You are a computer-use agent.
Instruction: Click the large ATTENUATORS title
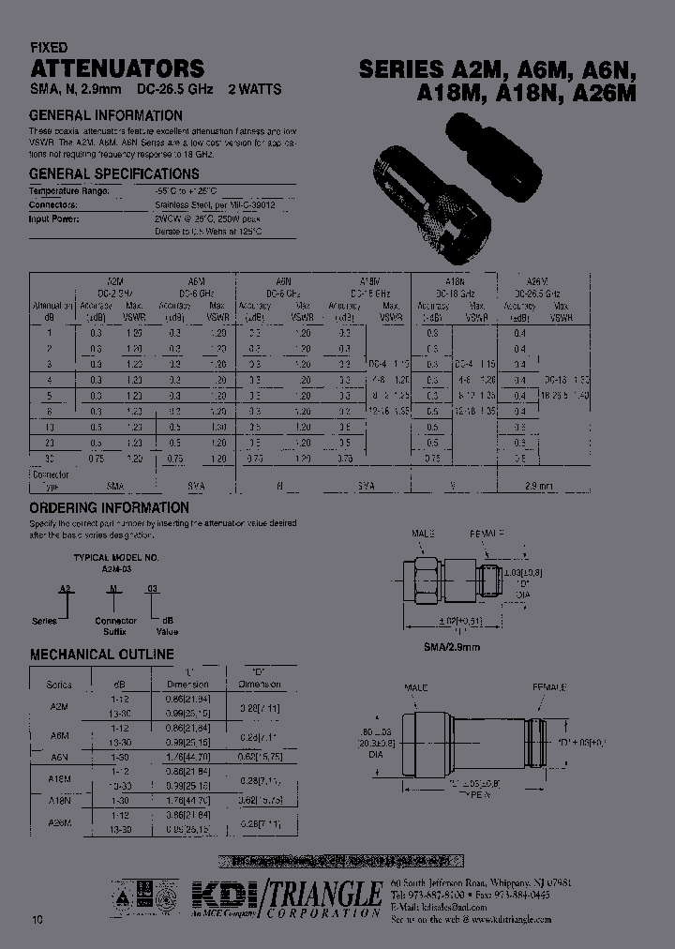[x=117, y=68]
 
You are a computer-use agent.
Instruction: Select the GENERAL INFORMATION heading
[x=107, y=116]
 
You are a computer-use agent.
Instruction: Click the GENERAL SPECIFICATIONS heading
[x=114, y=174]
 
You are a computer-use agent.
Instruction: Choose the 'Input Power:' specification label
[x=55, y=218]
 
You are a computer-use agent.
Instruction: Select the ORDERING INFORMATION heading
[x=109, y=507]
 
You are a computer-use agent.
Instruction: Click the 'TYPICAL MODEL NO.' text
[x=115, y=557]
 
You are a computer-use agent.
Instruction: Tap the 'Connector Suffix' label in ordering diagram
[x=115, y=625]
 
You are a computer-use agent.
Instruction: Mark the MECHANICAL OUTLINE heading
[x=101, y=654]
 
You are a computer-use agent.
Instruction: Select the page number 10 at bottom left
[x=37, y=919]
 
